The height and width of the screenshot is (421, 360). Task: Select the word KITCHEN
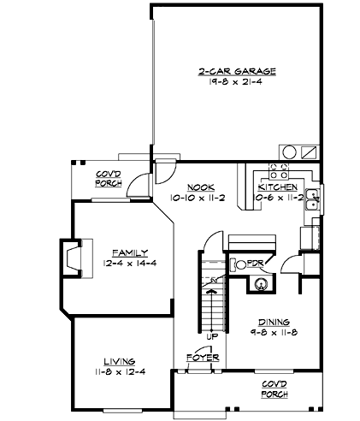click(278, 186)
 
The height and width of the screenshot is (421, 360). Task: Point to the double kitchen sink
click(315, 200)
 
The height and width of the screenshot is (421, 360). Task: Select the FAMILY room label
click(130, 252)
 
